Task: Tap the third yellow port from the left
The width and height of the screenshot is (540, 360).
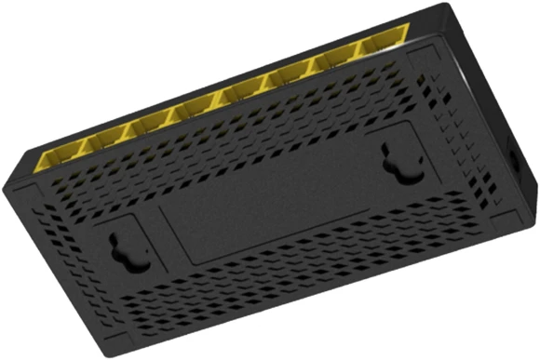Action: [x=149, y=121]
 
